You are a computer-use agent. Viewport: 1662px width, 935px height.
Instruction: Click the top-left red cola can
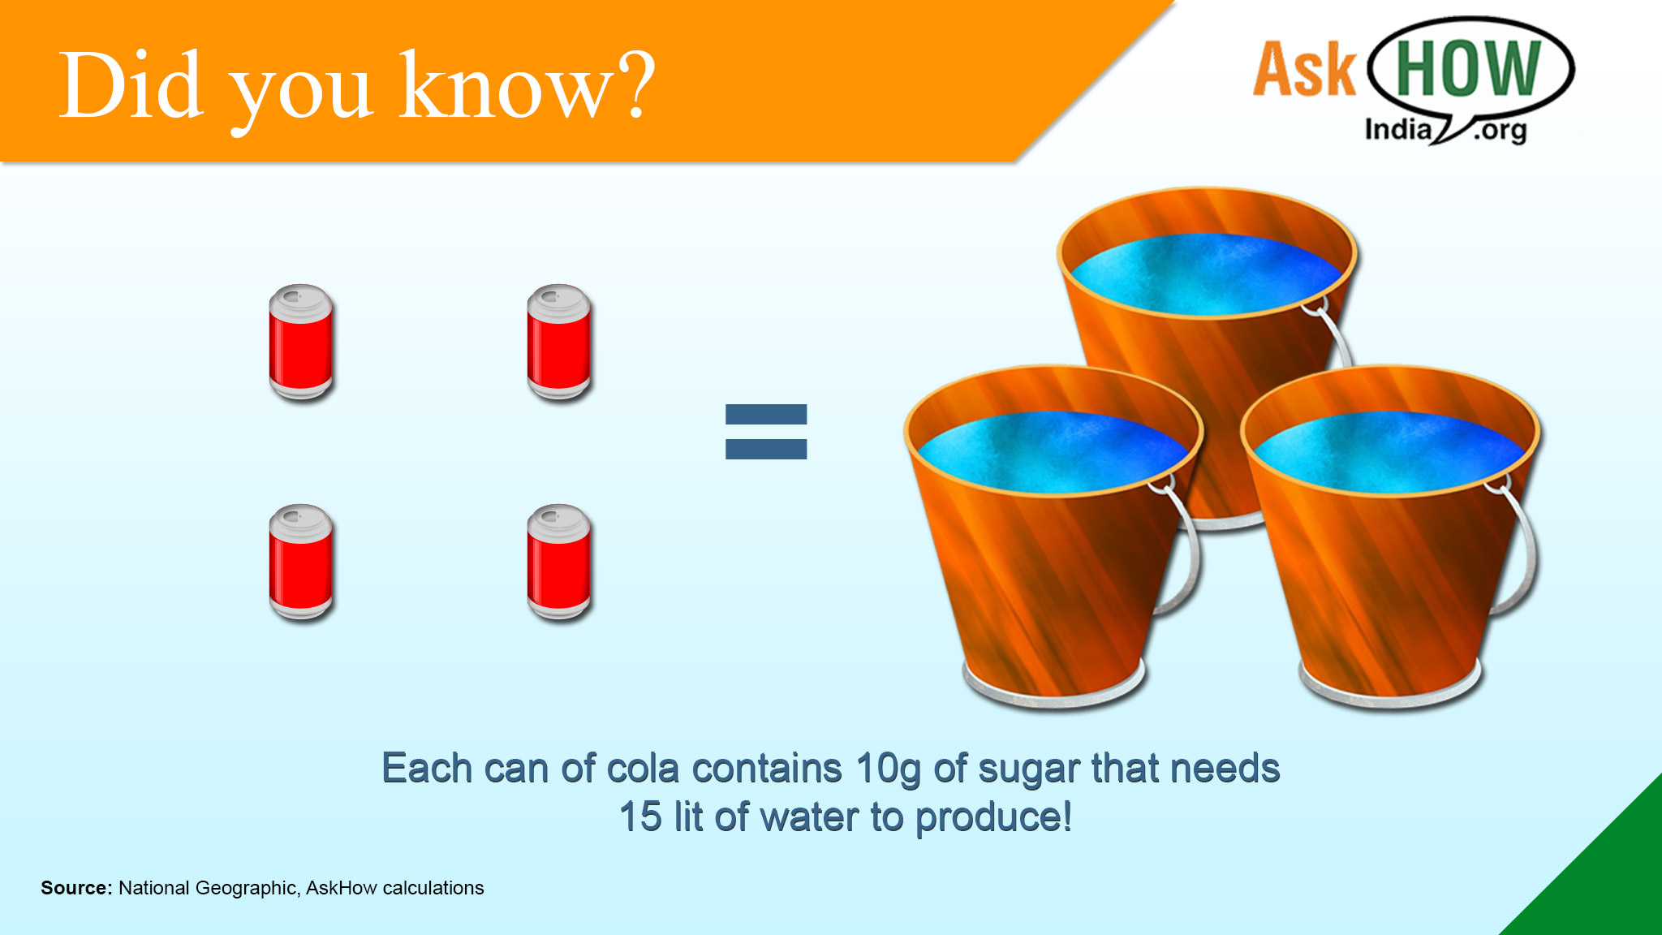tap(301, 342)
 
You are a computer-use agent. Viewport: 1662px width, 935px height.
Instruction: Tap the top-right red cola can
tap(559, 342)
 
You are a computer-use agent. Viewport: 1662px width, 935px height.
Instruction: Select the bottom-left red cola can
tap(301, 562)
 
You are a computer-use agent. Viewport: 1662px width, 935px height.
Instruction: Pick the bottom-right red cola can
tap(559, 562)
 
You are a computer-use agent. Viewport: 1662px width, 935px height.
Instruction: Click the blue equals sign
tap(766, 432)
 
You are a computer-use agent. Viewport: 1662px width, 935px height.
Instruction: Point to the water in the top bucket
tap(1207, 274)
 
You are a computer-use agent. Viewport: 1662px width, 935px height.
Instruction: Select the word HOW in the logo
tap(1469, 68)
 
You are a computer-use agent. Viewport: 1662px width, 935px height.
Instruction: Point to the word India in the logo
tap(1397, 129)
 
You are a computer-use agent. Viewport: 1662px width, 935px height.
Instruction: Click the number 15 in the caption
tap(640, 817)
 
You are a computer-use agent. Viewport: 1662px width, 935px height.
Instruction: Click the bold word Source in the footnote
tap(76, 888)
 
